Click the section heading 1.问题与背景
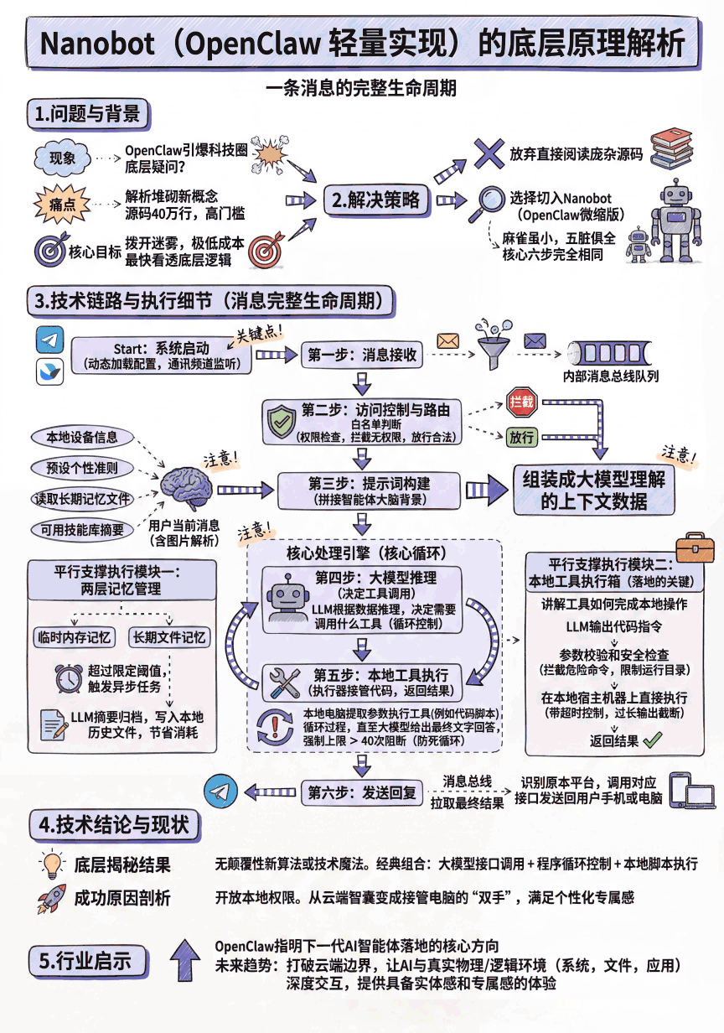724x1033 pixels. (x=88, y=115)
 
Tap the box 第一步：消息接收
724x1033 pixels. (x=361, y=355)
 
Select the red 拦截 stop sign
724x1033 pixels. (x=521, y=402)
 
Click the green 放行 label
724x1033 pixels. (x=521, y=436)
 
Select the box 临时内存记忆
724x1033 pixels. (x=75, y=637)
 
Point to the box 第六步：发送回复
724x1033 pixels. (x=361, y=792)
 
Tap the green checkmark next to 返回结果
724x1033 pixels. (x=652, y=740)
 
